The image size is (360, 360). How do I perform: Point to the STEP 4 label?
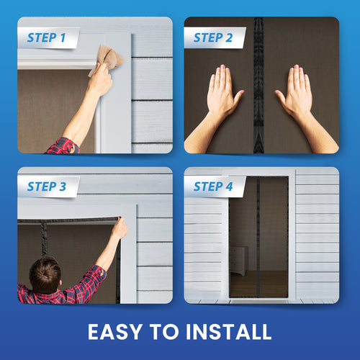pos(213,187)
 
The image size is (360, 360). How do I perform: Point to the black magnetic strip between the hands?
pos(258,86)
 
